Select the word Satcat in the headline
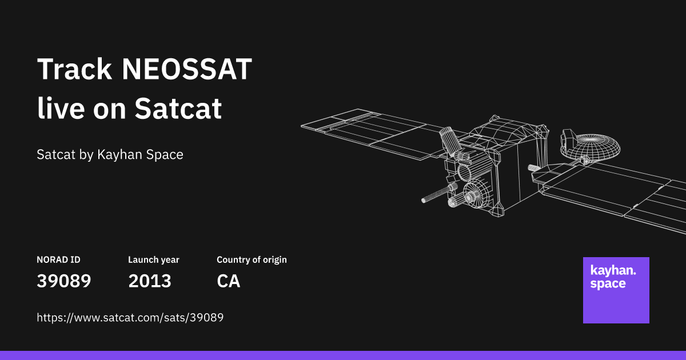point(178,109)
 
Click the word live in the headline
point(60,109)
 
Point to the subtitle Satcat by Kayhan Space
point(110,155)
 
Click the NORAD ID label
point(58,260)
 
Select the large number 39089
point(64,281)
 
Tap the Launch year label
point(153,260)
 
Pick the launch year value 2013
point(150,281)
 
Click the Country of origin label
point(252,260)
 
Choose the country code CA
point(229,281)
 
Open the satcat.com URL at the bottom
point(130,318)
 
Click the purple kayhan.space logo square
point(616,290)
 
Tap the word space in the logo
point(608,284)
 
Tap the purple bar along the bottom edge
point(343,355)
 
